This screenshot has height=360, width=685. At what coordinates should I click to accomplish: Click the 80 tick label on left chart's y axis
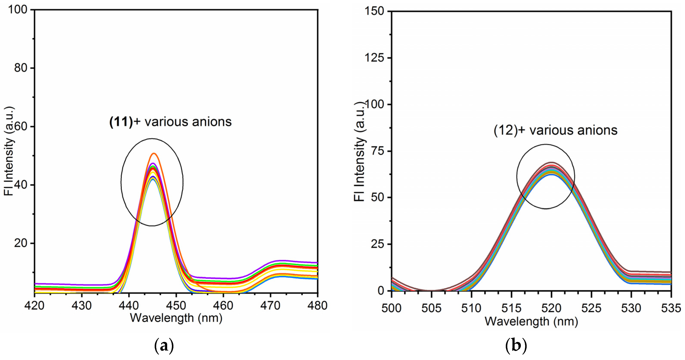click(20, 68)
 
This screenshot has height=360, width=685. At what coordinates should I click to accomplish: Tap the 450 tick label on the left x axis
click(176, 306)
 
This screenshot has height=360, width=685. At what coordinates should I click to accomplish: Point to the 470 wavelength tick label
click(270, 306)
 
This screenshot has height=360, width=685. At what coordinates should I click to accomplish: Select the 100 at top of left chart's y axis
click(18, 10)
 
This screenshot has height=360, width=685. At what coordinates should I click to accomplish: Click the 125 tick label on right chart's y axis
click(374, 58)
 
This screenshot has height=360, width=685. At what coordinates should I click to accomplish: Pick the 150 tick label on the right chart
click(374, 11)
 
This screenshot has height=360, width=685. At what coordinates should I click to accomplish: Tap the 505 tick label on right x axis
click(431, 308)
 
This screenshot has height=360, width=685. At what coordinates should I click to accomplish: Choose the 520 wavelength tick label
click(551, 308)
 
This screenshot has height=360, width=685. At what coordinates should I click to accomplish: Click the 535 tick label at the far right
click(671, 308)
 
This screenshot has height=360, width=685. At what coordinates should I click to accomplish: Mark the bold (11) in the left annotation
click(121, 122)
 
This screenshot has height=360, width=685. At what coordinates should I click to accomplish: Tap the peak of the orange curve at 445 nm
click(154, 154)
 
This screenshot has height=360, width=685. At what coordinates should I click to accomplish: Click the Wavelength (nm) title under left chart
click(176, 318)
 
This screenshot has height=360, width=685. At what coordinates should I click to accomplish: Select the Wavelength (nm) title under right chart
click(531, 321)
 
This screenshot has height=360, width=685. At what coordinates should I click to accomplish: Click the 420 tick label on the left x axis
click(34, 306)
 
